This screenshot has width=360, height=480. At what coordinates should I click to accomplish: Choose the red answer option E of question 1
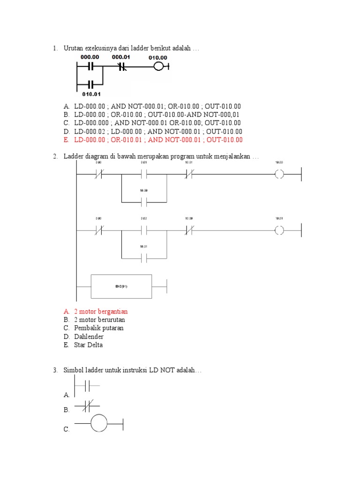click(158, 140)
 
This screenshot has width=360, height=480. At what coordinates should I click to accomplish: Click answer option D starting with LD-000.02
click(158, 131)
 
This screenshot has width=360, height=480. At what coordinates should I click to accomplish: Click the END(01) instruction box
click(121, 286)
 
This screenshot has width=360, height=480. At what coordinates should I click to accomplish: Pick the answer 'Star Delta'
click(88, 345)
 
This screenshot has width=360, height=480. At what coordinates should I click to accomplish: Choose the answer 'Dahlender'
click(89, 337)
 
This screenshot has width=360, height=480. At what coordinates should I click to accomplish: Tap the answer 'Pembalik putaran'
click(98, 328)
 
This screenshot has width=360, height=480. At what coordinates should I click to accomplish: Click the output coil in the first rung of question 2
click(279, 175)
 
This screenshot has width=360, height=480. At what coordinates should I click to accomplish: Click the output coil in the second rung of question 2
click(279, 230)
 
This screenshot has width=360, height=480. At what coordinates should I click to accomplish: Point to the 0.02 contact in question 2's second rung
click(144, 230)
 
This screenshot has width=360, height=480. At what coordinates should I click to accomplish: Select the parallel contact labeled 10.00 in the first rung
click(144, 202)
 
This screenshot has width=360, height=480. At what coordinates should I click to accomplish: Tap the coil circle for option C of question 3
click(99, 424)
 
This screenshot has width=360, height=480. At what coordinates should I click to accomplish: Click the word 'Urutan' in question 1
click(74, 49)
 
